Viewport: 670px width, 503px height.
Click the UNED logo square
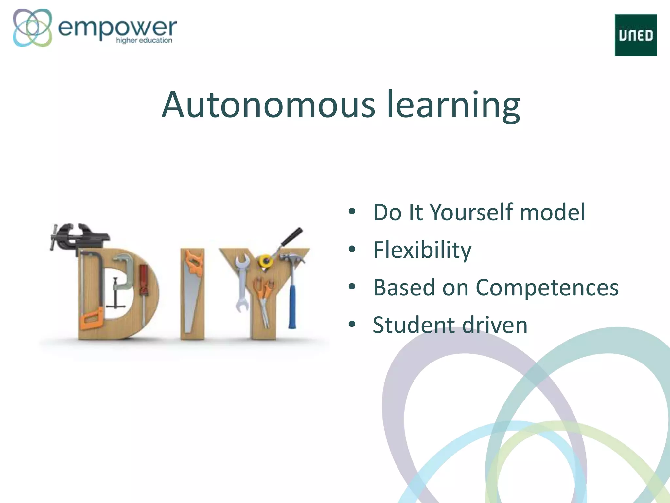pyautogui.click(x=636, y=35)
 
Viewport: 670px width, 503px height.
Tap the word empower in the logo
pyautogui.click(x=117, y=28)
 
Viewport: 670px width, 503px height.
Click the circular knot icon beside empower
pyautogui.click(x=32, y=28)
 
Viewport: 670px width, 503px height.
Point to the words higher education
pyautogui.click(x=144, y=40)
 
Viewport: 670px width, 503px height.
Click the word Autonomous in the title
pyautogui.click(x=268, y=105)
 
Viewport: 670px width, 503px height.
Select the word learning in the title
pyautogui.click(x=453, y=105)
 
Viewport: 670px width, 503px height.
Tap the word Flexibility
pyautogui.click(x=422, y=250)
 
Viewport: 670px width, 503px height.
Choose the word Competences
pyautogui.click(x=547, y=288)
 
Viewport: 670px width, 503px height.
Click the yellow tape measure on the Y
pyautogui.click(x=265, y=261)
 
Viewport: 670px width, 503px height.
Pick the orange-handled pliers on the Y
pyautogui.click(x=263, y=295)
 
